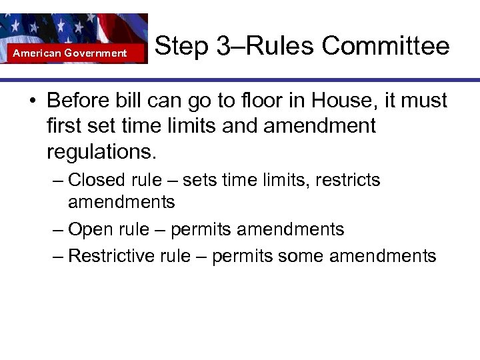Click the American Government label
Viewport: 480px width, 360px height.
pyautogui.click(x=70, y=53)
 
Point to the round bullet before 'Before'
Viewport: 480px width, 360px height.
pyautogui.click(x=32, y=102)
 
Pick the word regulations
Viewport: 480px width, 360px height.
pyautogui.click(x=102, y=151)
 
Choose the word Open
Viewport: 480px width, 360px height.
pyautogui.click(x=91, y=230)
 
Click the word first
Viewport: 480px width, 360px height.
pyautogui.click(x=65, y=126)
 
